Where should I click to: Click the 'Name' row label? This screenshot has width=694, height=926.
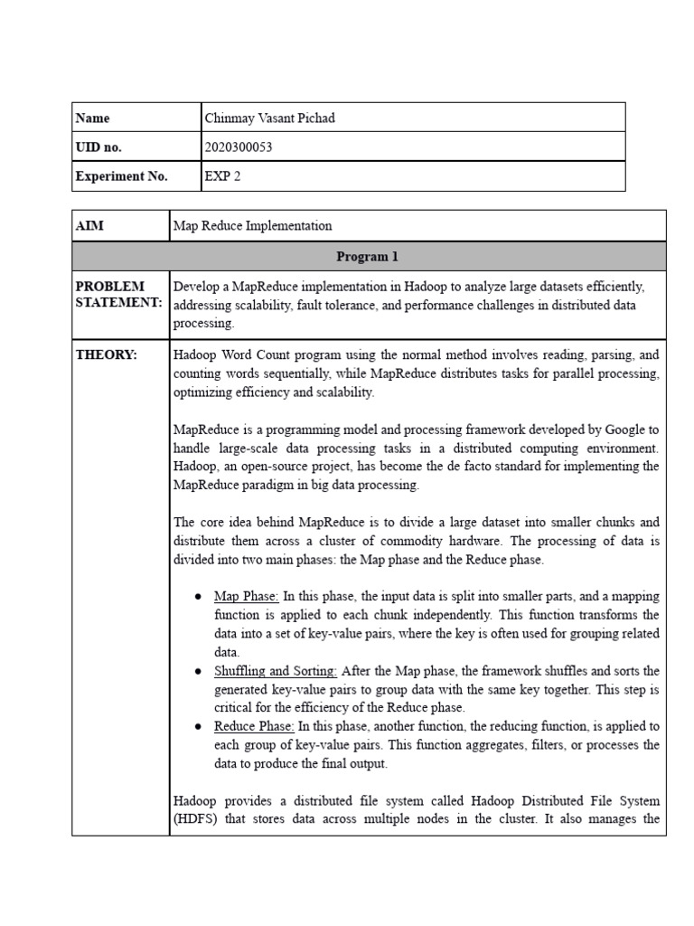[92, 118]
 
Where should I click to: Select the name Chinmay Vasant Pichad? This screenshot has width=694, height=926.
[270, 118]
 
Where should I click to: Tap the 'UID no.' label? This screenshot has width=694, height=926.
[98, 147]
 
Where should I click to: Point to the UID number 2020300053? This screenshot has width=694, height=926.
[239, 147]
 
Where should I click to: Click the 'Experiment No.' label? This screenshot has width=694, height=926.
[121, 177]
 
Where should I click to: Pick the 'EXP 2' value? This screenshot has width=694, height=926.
[223, 177]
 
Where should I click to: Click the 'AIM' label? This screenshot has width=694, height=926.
[89, 226]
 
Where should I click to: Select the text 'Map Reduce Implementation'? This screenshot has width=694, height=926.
[252, 226]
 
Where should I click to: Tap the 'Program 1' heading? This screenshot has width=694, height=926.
[367, 257]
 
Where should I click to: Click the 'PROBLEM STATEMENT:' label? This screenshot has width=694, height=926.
[117, 295]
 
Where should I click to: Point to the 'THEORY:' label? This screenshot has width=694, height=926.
[107, 355]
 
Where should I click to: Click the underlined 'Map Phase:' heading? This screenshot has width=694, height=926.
[247, 597]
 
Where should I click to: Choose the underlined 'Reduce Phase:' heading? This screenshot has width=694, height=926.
[254, 726]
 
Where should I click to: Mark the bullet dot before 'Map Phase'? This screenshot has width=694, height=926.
[198, 598]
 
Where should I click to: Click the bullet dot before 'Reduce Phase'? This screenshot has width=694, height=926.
[198, 727]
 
